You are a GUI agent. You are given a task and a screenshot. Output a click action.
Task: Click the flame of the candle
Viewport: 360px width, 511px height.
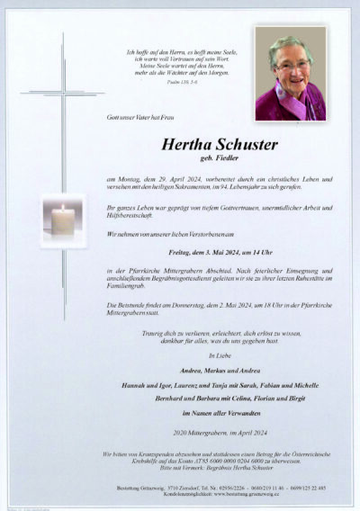(x=63, y=210)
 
